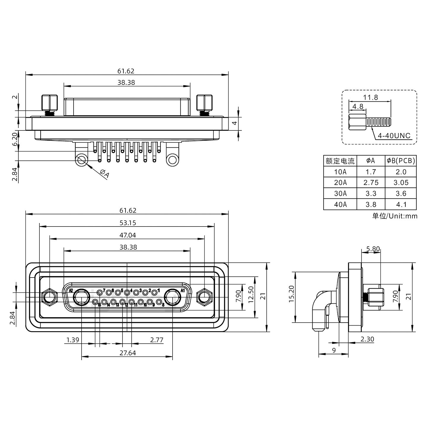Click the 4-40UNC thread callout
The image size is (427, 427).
(394, 136)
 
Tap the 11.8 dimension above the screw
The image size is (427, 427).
(370, 97)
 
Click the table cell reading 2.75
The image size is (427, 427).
(371, 183)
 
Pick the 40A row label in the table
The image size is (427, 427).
(340, 204)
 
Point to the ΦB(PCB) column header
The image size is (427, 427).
(401, 161)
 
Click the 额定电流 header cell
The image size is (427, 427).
(340, 161)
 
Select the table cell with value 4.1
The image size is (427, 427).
(401, 204)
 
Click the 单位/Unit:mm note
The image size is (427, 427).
(395, 216)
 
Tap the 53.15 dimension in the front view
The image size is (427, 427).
(128, 223)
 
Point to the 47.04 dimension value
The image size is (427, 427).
(128, 235)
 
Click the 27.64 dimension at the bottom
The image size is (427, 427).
(128, 353)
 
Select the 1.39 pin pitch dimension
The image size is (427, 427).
(73, 340)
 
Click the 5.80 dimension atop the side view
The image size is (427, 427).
(373, 249)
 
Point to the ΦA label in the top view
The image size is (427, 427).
(104, 173)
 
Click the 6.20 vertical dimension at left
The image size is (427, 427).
(15, 139)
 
